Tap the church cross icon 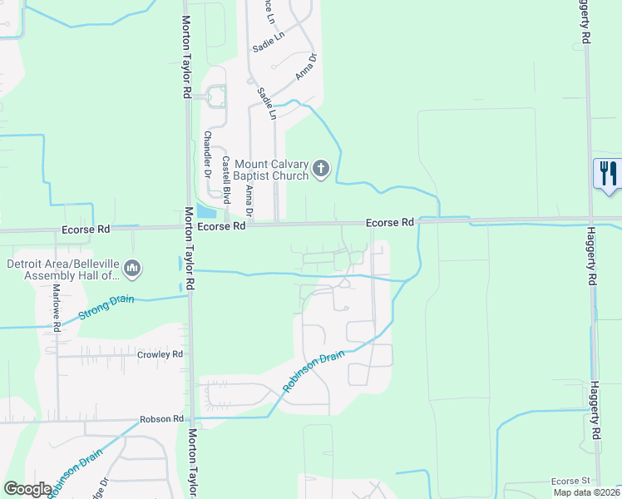coord(321,170)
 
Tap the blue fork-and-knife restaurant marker coord(608,174)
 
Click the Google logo coord(27,489)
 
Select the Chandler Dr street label coord(208,151)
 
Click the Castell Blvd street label coord(225,180)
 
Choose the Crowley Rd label coord(160,354)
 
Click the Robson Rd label coord(160,419)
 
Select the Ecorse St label coord(571,482)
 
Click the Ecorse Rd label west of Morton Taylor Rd coord(85,227)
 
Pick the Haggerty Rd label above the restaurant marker coord(585,22)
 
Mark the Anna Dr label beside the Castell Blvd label coord(249,200)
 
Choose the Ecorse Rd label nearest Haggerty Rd coord(389,223)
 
